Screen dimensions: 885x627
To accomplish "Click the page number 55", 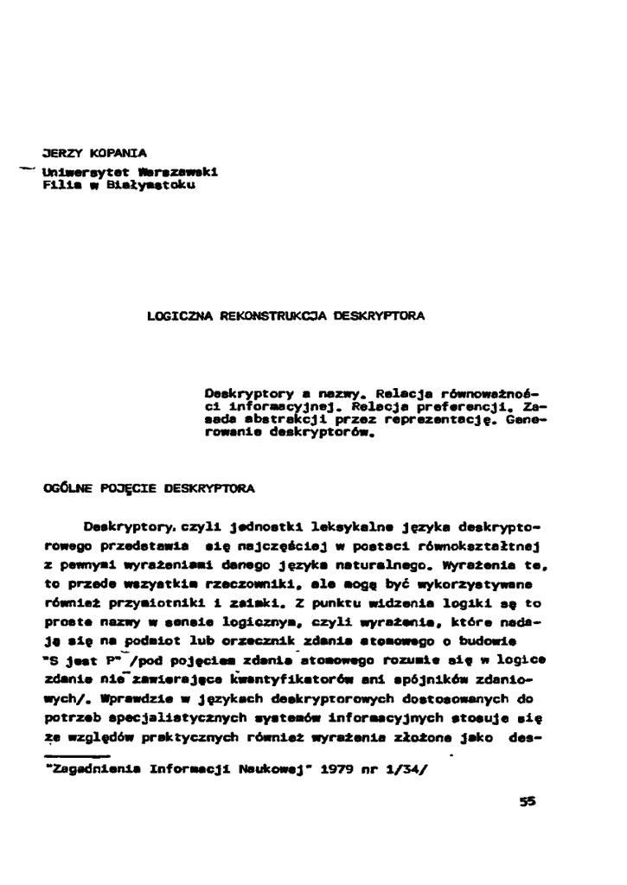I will tap(528, 801).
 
